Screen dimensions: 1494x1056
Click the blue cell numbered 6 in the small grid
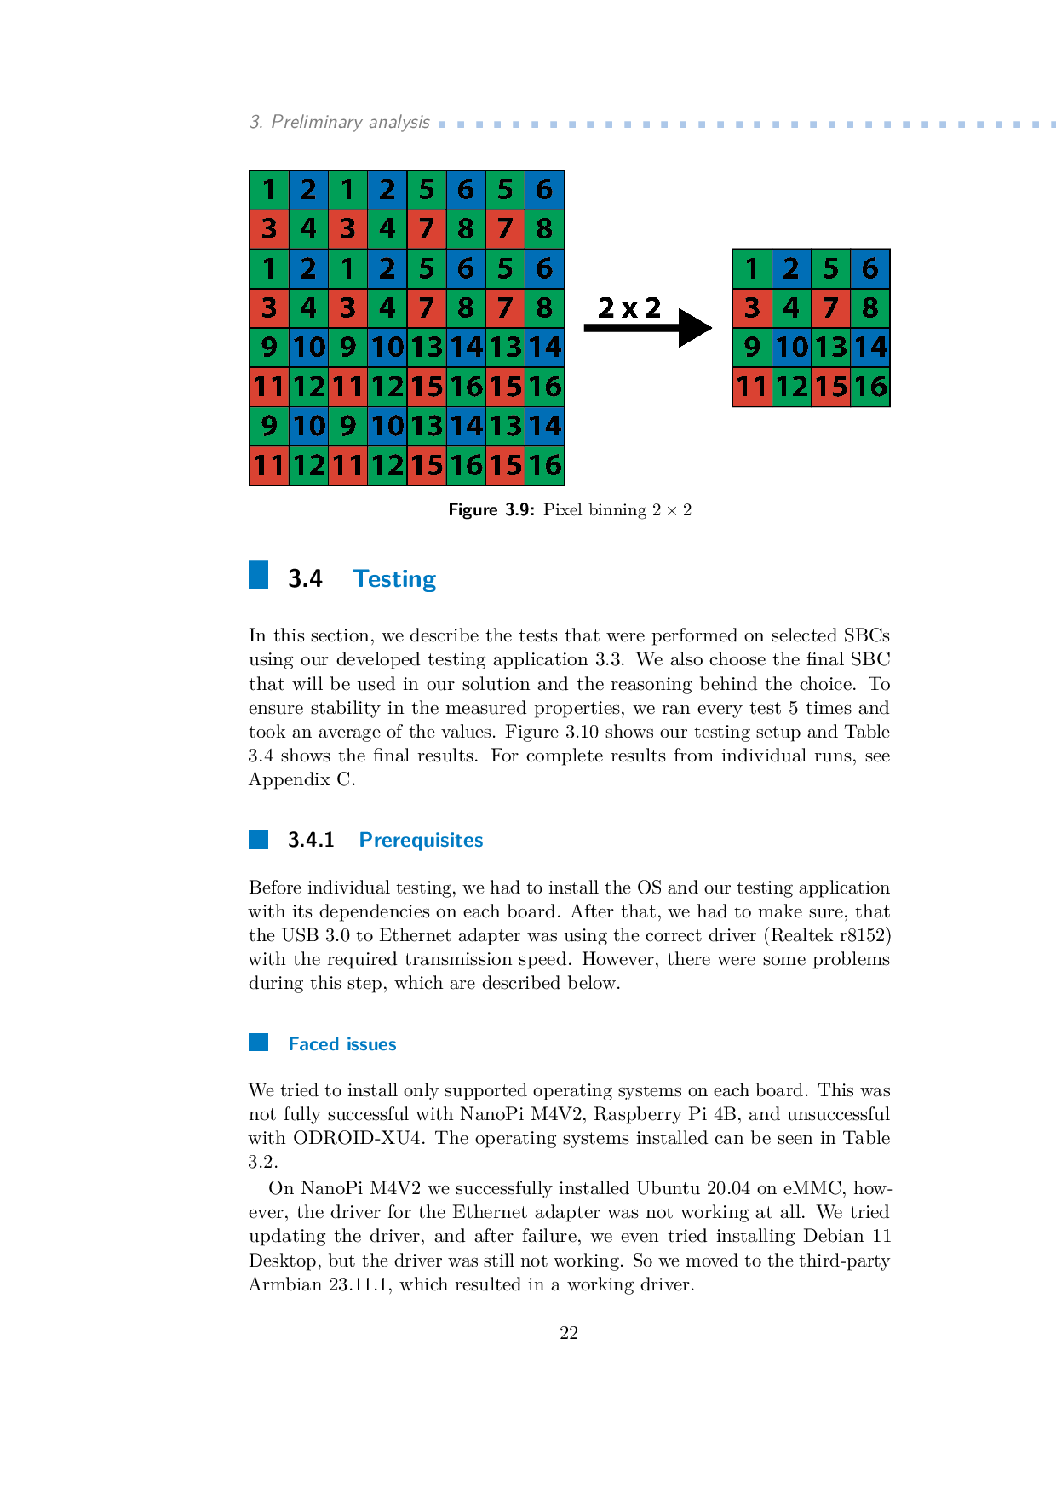point(869,269)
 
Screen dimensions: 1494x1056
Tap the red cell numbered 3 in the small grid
point(752,308)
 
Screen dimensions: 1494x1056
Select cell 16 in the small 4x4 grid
point(869,387)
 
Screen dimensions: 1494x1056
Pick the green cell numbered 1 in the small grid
point(752,269)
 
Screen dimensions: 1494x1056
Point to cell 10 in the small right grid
point(791,348)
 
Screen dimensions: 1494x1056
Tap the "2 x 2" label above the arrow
point(629,307)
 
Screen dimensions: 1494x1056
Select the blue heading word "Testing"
point(394,579)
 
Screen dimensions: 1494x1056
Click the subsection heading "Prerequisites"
point(421,840)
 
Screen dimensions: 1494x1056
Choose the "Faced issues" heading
point(342,1044)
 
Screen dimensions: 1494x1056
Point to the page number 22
point(569,1333)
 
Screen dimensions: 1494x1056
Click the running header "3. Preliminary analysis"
point(339,122)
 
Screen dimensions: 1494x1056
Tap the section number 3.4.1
point(311,840)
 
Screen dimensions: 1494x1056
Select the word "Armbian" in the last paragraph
point(284,1284)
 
